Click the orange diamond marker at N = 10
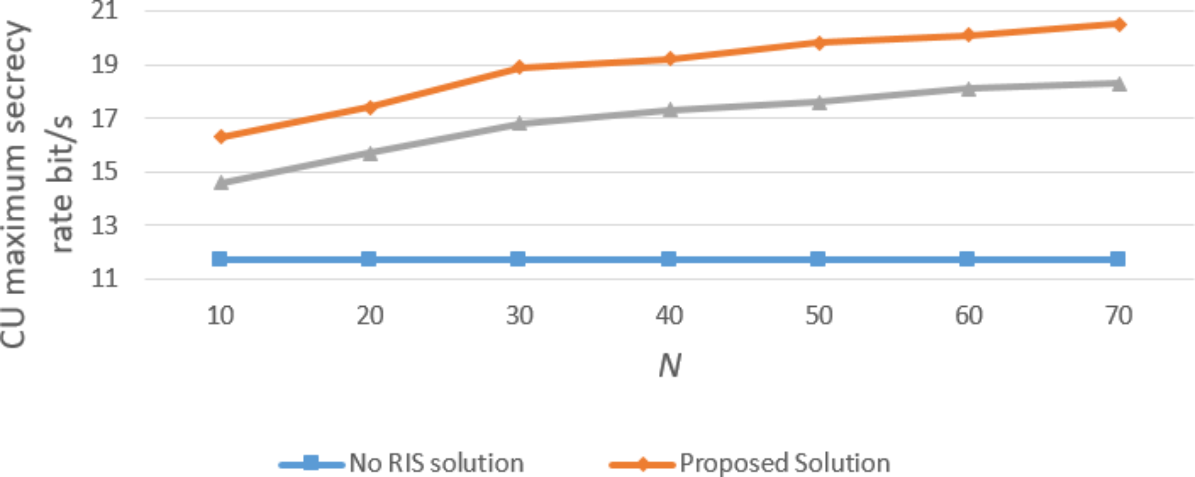[x=221, y=137]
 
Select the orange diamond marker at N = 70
[x=1119, y=24]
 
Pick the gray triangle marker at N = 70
[x=1119, y=84]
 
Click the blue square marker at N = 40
[x=669, y=258]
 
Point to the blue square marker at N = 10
[x=220, y=258]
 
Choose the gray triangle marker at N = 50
[x=819, y=102]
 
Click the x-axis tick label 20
[x=370, y=316]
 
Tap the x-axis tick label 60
[x=968, y=316]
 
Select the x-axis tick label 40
[x=669, y=316]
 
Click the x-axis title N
[x=670, y=365]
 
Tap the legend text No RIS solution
[x=436, y=463]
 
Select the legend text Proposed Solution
[x=785, y=463]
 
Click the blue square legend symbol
[x=311, y=463]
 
